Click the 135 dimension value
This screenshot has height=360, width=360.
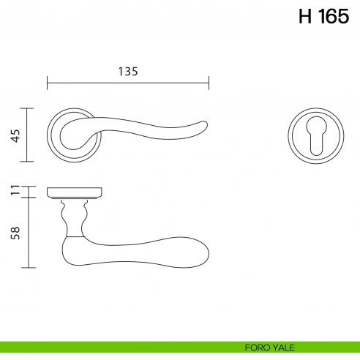coord(127,71)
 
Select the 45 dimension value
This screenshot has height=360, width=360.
coord(15,135)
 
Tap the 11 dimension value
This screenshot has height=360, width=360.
coord(15,192)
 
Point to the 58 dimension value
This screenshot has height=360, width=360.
coord(15,233)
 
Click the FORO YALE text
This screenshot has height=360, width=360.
coord(266,348)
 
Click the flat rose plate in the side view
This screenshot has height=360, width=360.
coord(73,192)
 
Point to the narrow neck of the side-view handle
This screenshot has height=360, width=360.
coord(74,217)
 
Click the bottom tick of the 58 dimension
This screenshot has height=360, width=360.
coord(28,267)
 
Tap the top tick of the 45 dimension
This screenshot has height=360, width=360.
coord(28,108)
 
